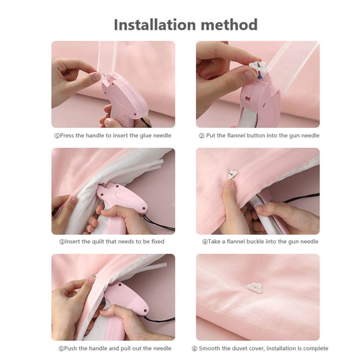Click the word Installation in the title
[155, 24]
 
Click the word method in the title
[230, 24]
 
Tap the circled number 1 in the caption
[57, 136]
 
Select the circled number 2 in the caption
[202, 136]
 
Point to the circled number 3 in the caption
[62, 242]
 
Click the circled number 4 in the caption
[205, 242]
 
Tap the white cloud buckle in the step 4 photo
[232, 174]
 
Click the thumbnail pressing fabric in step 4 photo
[228, 184]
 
